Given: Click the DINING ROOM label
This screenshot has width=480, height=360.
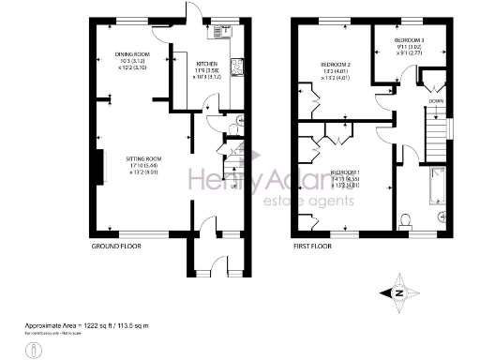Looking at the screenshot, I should [x=132, y=54].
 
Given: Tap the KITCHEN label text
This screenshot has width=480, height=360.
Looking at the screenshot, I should [x=207, y=64].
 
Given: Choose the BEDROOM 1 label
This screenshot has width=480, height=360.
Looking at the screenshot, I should [x=348, y=172].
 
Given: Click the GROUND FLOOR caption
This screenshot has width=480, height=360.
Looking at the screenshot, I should [x=115, y=246].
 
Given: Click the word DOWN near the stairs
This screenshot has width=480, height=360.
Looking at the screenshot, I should [x=437, y=98].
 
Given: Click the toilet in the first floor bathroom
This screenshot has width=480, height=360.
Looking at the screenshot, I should [x=405, y=219].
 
